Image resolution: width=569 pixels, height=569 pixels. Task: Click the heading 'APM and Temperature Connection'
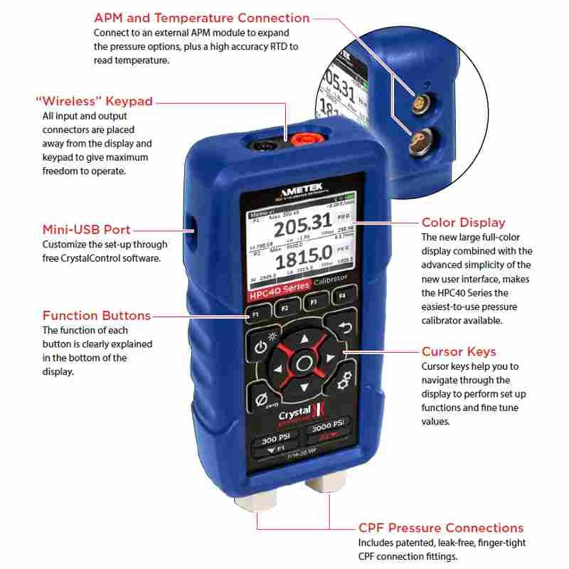[x=202, y=18]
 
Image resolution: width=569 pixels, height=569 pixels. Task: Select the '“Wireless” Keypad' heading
[x=94, y=101]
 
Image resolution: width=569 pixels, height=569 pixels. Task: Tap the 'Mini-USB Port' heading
[x=86, y=230]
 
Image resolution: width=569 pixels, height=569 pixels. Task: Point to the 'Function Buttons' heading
[x=97, y=315]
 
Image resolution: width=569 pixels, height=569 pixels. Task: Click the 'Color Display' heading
[x=463, y=223]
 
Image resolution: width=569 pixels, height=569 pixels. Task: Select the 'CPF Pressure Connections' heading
[x=441, y=528]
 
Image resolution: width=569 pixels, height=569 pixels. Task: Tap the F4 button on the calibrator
[x=341, y=294]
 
